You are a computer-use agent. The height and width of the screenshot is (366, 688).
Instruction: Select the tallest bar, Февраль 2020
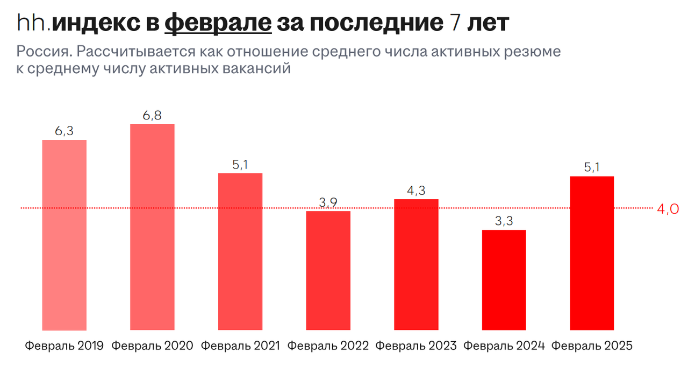pyautogui.click(x=152, y=227)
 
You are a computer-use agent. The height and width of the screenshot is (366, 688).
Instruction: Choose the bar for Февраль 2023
pyautogui.click(x=416, y=264)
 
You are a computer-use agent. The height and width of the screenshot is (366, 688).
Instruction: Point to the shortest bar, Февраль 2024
pyautogui.click(x=504, y=280)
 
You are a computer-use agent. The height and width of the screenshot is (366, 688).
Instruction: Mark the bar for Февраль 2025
pyautogui.click(x=592, y=253)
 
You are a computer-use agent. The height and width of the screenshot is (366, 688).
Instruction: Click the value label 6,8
pyautogui.click(x=152, y=115)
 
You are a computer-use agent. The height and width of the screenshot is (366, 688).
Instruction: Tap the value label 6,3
pyautogui.click(x=64, y=131)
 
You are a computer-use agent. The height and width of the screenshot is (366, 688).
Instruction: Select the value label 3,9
pyautogui.click(x=328, y=202)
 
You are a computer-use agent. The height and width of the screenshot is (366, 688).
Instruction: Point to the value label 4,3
pyautogui.click(x=416, y=190)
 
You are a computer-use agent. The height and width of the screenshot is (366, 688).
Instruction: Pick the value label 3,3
pyautogui.click(x=504, y=221)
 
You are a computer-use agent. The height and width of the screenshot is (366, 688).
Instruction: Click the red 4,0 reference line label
pyautogui.click(x=668, y=209)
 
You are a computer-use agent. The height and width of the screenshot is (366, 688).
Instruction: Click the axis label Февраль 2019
pyautogui.click(x=64, y=346)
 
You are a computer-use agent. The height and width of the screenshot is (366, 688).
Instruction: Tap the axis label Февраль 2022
pyautogui.click(x=328, y=346)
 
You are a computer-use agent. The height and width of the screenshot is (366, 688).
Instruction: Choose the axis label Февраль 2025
pyautogui.click(x=592, y=346)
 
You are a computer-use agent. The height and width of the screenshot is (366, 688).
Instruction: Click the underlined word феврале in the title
pyautogui.click(x=218, y=23)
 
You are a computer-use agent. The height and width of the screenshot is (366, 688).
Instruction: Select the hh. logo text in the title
pyautogui.click(x=33, y=23)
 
